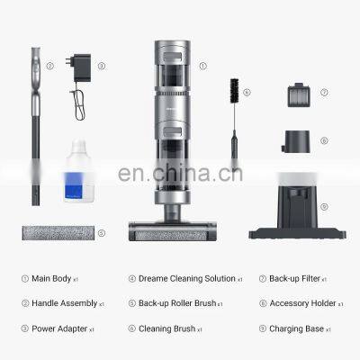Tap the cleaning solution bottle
tap(80, 179)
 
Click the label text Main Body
tap(54, 278)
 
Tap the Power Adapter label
tap(58, 328)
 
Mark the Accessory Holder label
tap(299, 303)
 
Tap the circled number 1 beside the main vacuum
tap(202, 65)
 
